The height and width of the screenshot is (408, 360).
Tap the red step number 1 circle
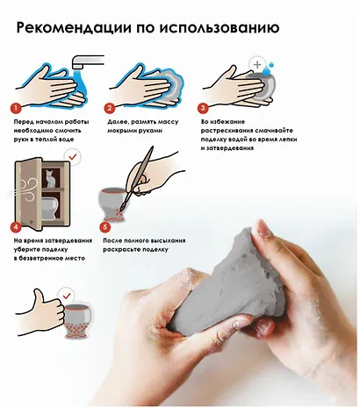tap(16, 108)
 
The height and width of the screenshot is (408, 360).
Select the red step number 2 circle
tap(110, 108)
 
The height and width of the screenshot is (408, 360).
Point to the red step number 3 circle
tap(203, 108)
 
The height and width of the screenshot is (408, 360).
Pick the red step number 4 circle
tap(16, 227)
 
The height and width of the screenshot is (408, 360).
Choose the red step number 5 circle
tap(105, 227)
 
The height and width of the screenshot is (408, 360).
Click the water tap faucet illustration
tap(87, 61)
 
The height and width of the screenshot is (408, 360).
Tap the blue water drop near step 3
tap(267, 69)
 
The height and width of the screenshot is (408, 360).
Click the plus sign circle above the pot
tap(257, 65)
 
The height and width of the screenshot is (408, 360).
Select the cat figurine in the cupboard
tap(51, 178)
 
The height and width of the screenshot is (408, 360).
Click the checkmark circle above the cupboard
tap(73, 157)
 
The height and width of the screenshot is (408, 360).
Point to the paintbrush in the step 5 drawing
tap(138, 178)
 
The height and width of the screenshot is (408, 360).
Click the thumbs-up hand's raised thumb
tap(38, 297)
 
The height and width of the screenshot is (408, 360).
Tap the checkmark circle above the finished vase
tap(67, 296)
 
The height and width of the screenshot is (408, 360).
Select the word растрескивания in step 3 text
tap(225, 131)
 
